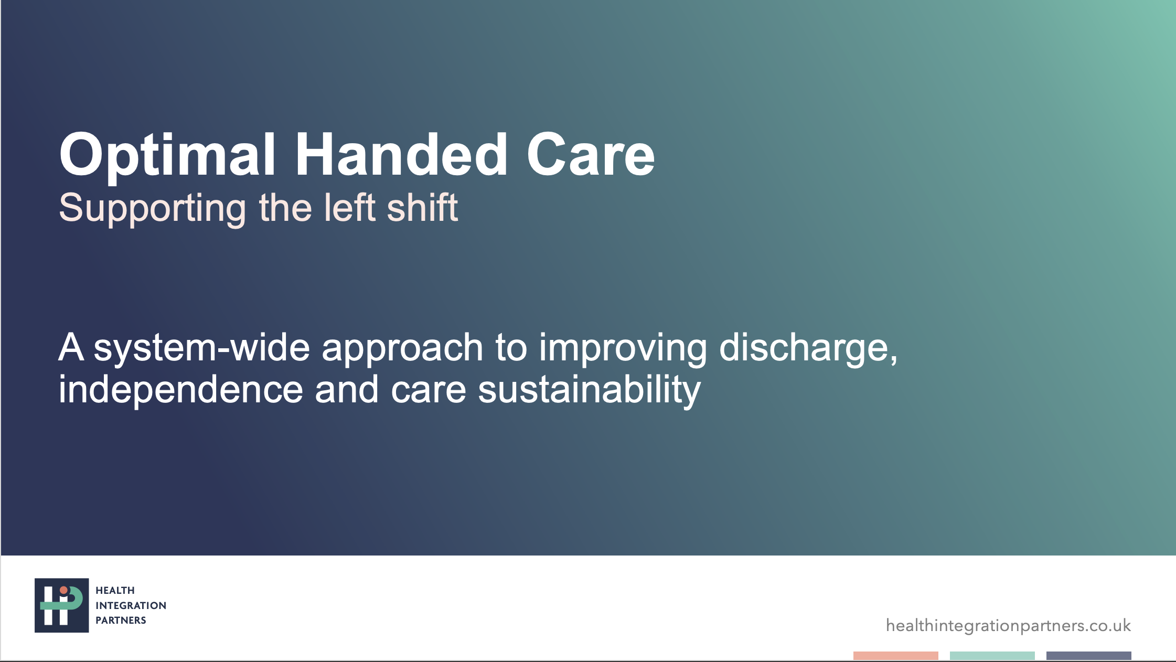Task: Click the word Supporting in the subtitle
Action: point(152,209)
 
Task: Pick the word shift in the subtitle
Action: point(422,207)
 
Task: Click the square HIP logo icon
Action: point(62,605)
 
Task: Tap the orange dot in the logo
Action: point(63,591)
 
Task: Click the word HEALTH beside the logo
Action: point(115,591)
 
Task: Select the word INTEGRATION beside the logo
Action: point(131,605)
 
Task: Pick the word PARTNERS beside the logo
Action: point(121,620)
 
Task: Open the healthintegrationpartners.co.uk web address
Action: point(1008,626)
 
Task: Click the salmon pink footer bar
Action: point(896,656)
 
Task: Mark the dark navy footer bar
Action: point(1089,656)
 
